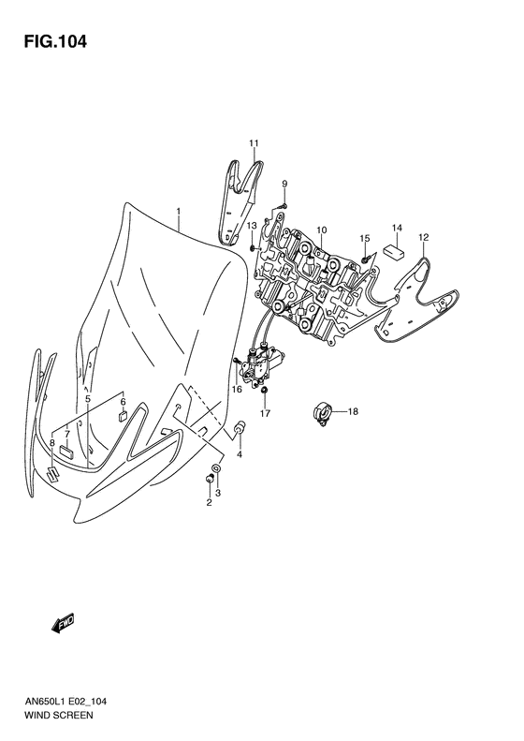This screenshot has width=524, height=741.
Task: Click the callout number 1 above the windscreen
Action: click(178, 212)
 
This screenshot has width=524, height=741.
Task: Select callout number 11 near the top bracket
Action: click(253, 142)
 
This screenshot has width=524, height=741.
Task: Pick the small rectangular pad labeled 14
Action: click(392, 250)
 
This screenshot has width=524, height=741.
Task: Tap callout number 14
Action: click(396, 229)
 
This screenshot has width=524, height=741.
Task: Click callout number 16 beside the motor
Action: click(237, 388)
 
